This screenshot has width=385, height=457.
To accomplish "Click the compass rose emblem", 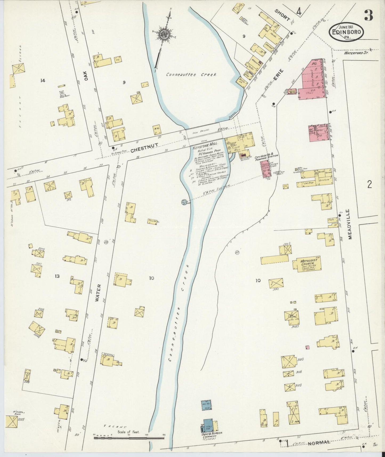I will click(164, 35).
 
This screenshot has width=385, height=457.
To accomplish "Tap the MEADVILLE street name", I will click(350, 224).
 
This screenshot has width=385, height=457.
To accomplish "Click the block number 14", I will click(42, 81).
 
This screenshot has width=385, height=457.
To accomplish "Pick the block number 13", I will click(57, 276).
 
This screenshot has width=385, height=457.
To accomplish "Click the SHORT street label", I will click(282, 15).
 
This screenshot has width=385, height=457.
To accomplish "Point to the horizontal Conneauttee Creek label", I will click(192, 75).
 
